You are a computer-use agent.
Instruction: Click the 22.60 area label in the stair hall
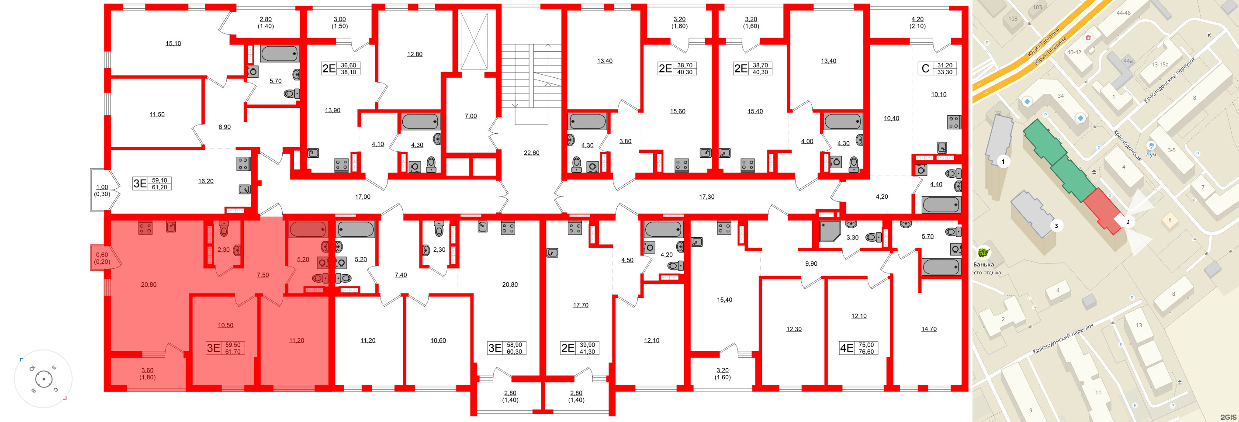click(x=532, y=153)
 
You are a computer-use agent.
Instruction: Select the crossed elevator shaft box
click(x=474, y=42)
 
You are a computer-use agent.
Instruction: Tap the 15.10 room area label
click(x=173, y=44)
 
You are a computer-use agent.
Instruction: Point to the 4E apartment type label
click(x=846, y=348)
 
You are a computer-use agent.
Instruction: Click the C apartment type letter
click(x=925, y=69)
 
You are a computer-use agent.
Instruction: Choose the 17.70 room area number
click(x=581, y=305)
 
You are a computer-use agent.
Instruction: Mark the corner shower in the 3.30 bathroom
click(x=830, y=231)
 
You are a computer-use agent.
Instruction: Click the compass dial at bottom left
click(x=44, y=379)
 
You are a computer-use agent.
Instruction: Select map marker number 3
click(x=1056, y=226)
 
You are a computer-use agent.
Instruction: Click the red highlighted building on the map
click(x=1104, y=211)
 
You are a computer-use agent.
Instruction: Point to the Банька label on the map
click(x=983, y=265)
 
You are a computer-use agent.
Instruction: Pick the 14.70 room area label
click(x=929, y=329)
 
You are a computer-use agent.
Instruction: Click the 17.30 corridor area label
click(x=706, y=197)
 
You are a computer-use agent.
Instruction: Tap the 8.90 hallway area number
click(x=225, y=127)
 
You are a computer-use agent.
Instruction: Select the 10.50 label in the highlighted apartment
click(x=225, y=325)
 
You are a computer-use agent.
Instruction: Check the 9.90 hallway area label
click(x=811, y=264)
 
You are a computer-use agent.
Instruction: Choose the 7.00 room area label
click(x=471, y=116)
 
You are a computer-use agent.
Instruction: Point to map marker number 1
click(x=1003, y=162)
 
